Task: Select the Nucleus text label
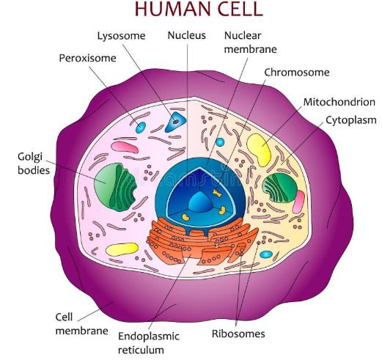point(187,35)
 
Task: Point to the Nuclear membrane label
point(246,43)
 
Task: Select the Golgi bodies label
point(34,164)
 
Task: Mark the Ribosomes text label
point(238,334)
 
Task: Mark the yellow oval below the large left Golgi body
point(120,249)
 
